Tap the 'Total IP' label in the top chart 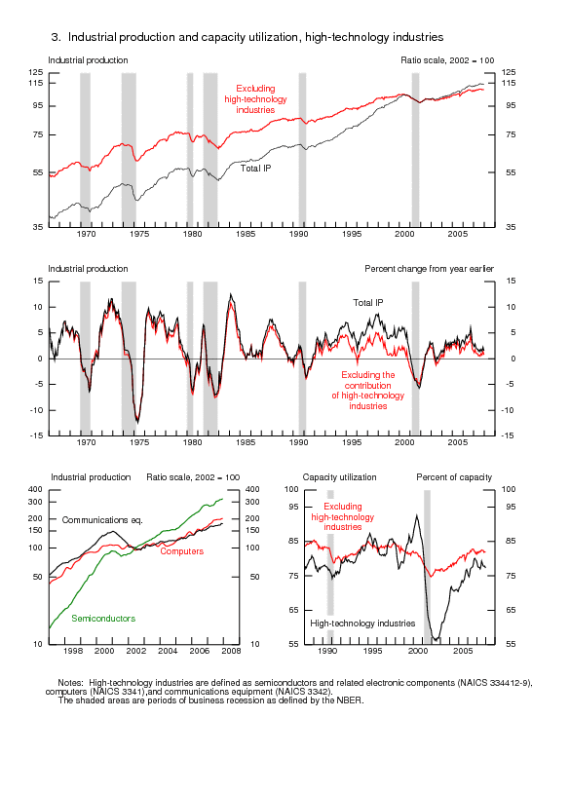click(x=255, y=169)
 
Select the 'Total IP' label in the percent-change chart click(x=368, y=302)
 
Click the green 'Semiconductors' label click(x=103, y=619)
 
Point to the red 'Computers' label click(x=182, y=551)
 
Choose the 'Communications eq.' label click(x=102, y=520)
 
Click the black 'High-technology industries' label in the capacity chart click(x=362, y=624)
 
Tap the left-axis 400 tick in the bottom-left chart click(x=35, y=489)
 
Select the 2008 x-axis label click(x=231, y=651)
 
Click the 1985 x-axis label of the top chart click(x=246, y=234)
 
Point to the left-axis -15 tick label click(x=36, y=435)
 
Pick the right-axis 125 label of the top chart click(x=509, y=72)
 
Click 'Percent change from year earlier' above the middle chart click(x=429, y=269)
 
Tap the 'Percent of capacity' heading click(x=454, y=477)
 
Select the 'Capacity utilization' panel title click(x=339, y=477)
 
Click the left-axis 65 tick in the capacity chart click(x=294, y=610)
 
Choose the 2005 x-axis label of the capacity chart click(x=463, y=651)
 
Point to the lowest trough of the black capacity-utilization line click(x=436, y=640)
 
